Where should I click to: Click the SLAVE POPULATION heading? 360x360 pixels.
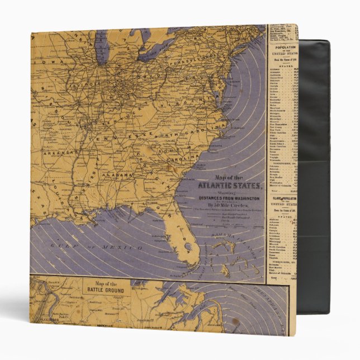pyautogui.click(x=283, y=198)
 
